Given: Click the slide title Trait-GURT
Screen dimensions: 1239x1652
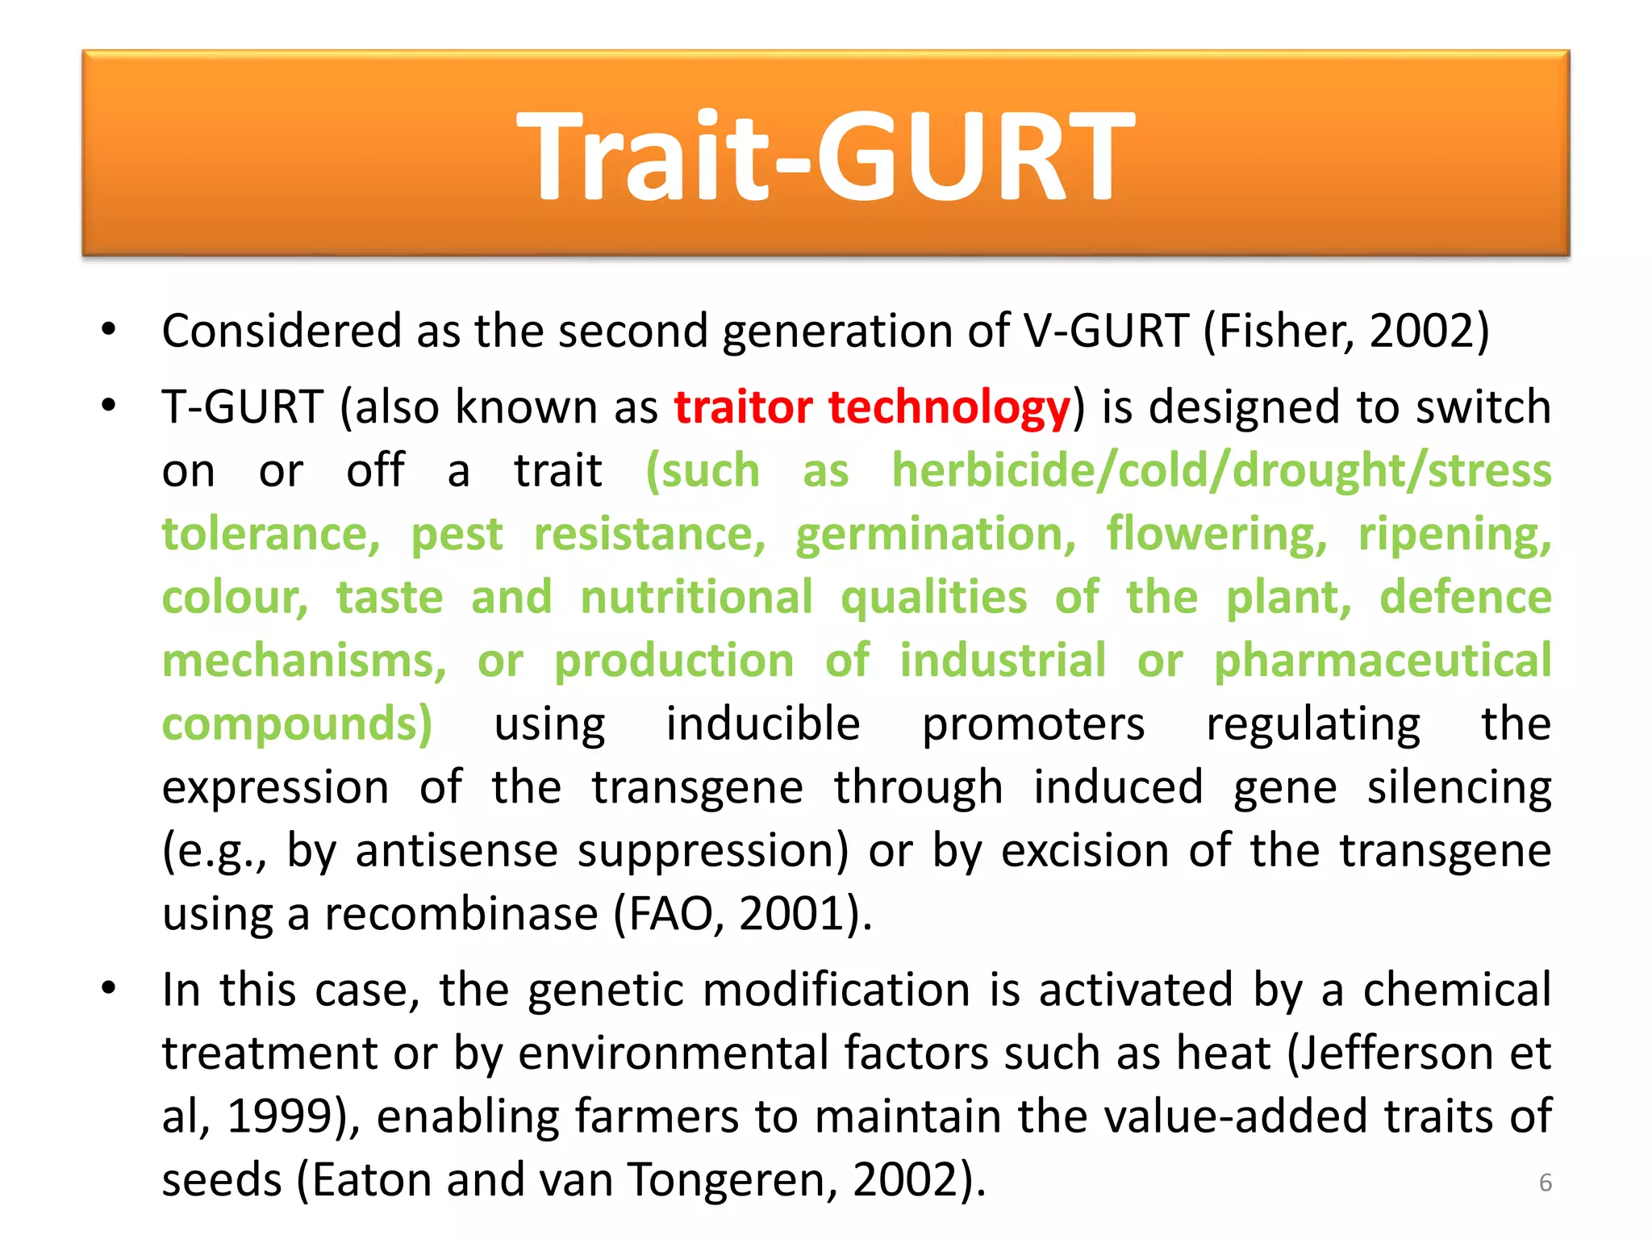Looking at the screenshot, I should click(x=825, y=155).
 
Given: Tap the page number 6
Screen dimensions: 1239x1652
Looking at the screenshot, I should click(x=1545, y=1183).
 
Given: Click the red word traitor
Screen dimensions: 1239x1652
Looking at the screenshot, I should click(x=743, y=407).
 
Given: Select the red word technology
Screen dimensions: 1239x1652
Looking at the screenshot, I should click(x=949, y=408).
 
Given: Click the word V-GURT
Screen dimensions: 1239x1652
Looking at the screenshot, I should click(x=1105, y=331).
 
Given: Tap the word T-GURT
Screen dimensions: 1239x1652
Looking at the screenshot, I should click(x=243, y=407).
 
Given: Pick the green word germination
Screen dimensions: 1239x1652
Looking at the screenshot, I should click(x=936, y=534).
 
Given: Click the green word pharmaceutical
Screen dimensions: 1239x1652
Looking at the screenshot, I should click(x=1383, y=661).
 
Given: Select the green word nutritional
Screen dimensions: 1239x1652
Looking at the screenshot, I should click(x=697, y=598).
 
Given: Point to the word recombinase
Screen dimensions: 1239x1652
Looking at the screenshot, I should click(x=461, y=915).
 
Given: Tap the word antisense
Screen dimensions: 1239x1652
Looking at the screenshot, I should click(x=457, y=851).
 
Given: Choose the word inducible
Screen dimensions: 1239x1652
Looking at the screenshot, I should click(x=763, y=724).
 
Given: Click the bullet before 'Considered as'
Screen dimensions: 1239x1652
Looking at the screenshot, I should click(x=109, y=329).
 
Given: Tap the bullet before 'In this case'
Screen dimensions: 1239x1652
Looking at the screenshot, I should click(x=109, y=988).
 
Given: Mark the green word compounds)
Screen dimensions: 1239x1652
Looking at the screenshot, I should click(x=298, y=724).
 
